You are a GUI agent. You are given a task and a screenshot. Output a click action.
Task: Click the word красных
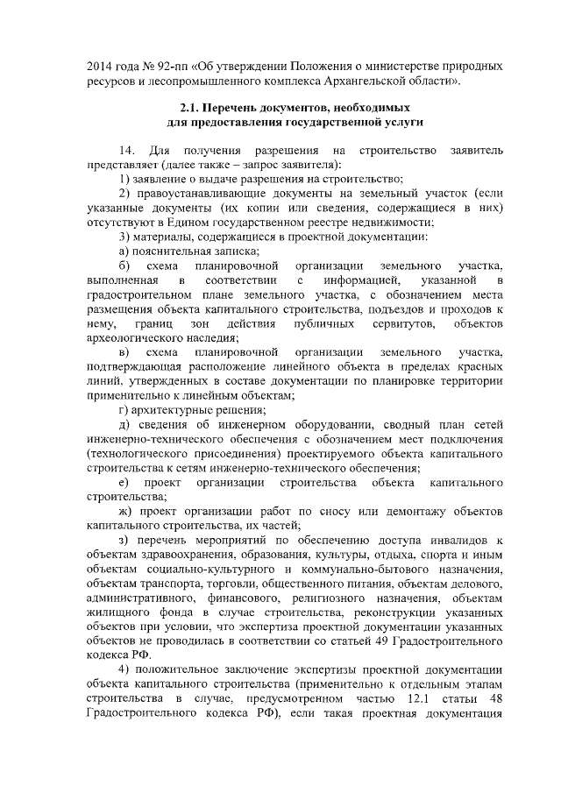click(x=480, y=366)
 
